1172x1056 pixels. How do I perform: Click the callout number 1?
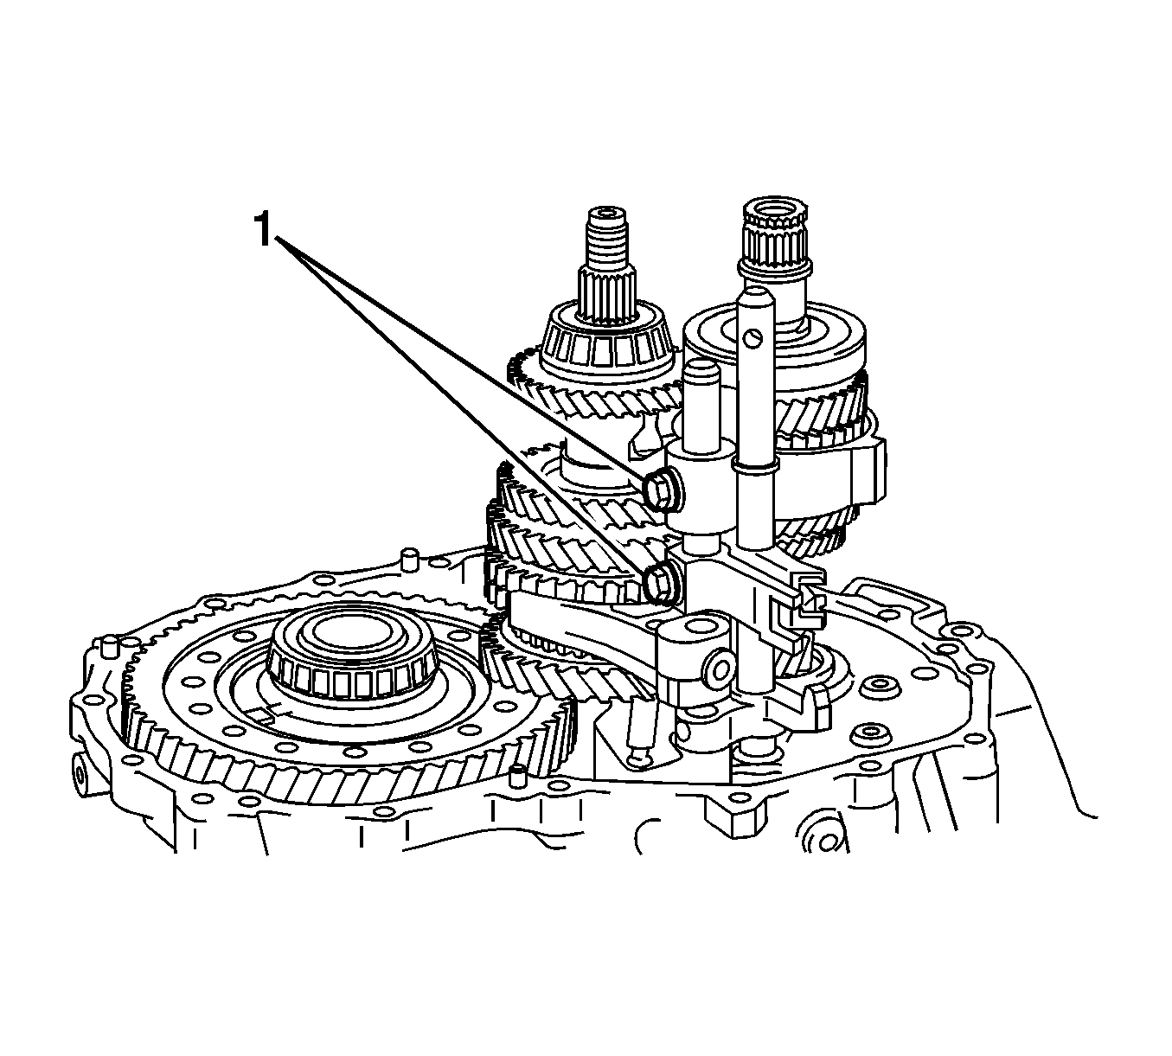[x=263, y=230]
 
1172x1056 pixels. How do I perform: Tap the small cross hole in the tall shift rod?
[x=754, y=337]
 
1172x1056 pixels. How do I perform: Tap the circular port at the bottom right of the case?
[x=825, y=842]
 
